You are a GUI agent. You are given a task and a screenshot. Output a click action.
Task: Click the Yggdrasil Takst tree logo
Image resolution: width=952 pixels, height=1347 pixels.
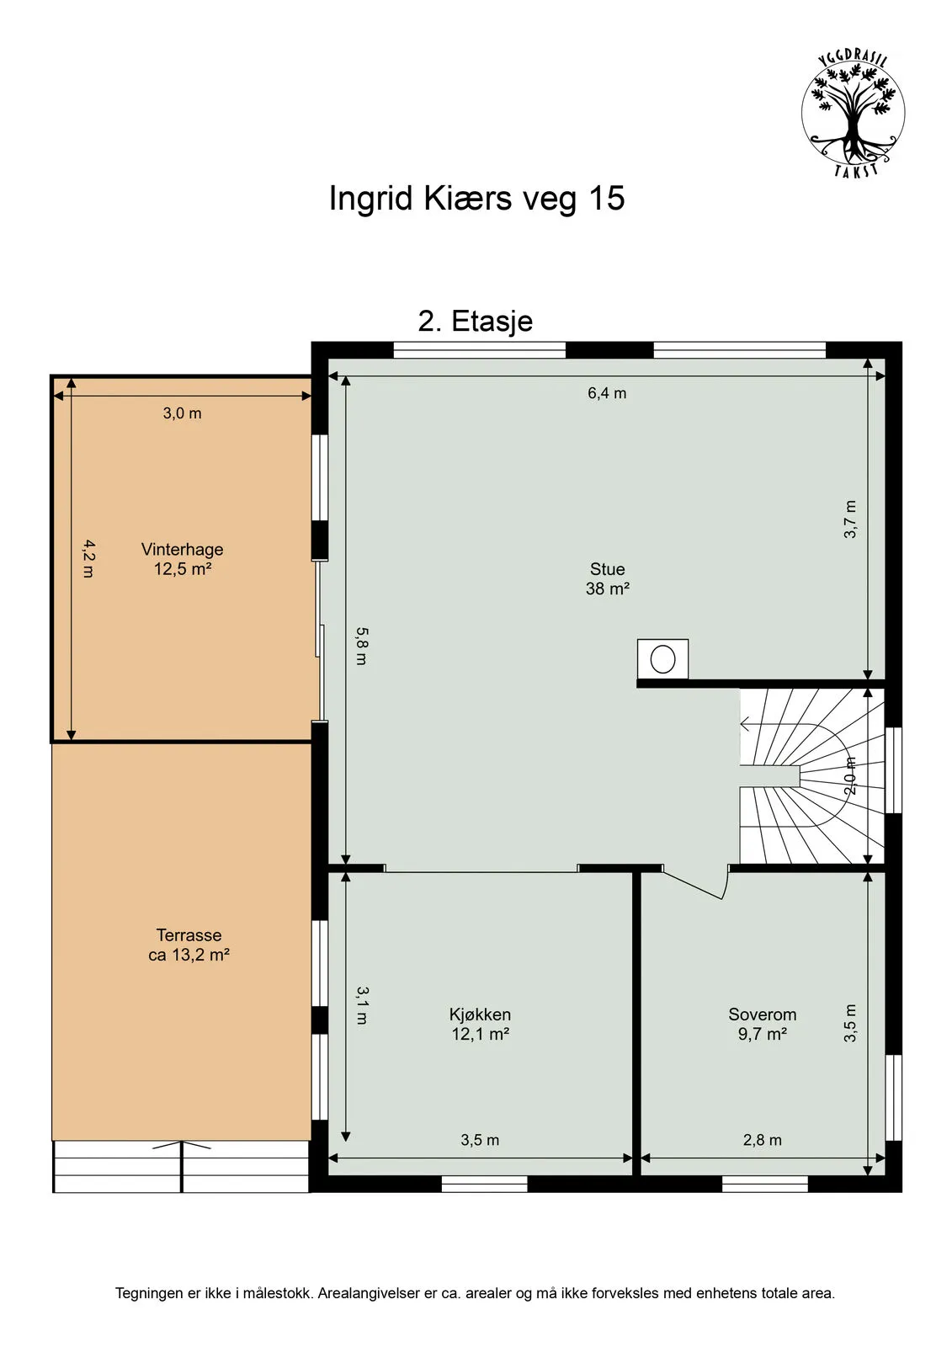[852, 114]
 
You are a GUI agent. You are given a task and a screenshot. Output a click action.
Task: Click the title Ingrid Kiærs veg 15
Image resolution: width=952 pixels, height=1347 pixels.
[476, 199]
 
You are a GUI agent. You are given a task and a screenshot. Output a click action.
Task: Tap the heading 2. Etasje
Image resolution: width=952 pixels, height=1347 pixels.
[476, 322]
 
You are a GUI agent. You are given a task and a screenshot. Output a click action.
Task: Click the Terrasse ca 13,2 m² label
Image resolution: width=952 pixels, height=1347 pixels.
[189, 945]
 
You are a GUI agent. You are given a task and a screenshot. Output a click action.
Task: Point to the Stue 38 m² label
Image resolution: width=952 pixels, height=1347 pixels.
[608, 579]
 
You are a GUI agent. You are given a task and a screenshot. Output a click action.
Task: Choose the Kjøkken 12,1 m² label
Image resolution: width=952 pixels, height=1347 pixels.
[480, 1024]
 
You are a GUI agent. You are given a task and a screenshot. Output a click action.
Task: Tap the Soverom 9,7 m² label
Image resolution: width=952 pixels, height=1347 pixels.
[762, 1024]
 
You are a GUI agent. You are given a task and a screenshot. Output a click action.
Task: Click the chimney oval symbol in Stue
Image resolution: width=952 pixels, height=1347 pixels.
[663, 658]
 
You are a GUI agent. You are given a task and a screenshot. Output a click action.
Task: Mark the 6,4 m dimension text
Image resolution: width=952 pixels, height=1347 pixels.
[607, 393]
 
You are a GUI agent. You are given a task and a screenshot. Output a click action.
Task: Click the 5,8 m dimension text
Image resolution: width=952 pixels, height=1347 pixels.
[361, 646]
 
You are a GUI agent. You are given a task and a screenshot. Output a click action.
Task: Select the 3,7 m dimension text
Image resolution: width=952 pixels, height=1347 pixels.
[850, 519]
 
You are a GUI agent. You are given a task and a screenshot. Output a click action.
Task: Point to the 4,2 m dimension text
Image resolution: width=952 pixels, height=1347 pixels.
[88, 558]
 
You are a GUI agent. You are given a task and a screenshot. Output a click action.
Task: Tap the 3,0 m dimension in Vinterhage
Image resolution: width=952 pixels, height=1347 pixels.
[183, 413]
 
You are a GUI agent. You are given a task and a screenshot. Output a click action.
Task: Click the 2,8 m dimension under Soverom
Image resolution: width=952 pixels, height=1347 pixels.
[762, 1140]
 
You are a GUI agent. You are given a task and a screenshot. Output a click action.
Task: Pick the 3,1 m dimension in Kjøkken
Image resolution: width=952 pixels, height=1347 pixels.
[361, 1004]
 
